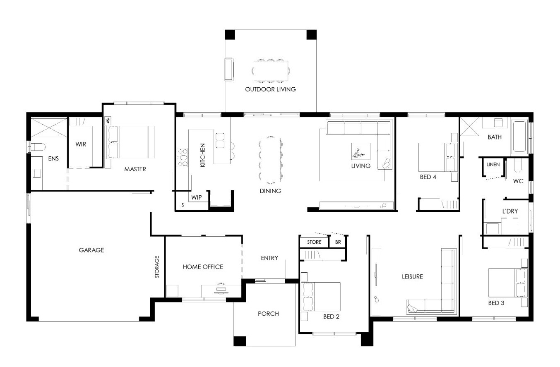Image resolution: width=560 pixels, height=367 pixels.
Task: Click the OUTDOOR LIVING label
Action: [x=270, y=89]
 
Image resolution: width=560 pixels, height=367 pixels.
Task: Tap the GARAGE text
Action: [x=91, y=250]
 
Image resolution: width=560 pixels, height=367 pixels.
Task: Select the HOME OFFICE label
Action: [x=203, y=267]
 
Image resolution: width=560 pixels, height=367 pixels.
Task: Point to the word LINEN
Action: [x=493, y=165]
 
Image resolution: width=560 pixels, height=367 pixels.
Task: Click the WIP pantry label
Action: [x=197, y=197]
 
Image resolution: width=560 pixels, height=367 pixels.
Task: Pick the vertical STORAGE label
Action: [x=157, y=267]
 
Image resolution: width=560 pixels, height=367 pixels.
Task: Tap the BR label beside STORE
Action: [x=338, y=242]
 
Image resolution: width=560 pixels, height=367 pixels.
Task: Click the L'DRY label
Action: [x=510, y=211]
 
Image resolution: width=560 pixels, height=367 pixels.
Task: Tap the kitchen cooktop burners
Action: [x=183, y=158]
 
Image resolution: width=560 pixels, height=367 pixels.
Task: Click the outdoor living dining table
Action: [x=271, y=71]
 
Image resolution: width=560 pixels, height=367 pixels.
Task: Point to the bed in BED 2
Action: [x=321, y=297]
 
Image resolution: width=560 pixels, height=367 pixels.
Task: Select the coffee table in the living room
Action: [x=361, y=151]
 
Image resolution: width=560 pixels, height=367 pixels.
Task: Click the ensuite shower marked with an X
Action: [x=49, y=128]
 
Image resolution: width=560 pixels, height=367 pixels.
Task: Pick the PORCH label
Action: [x=268, y=314]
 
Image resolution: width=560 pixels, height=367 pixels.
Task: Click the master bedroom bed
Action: [x=130, y=142]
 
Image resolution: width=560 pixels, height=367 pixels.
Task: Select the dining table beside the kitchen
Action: [x=271, y=160]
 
